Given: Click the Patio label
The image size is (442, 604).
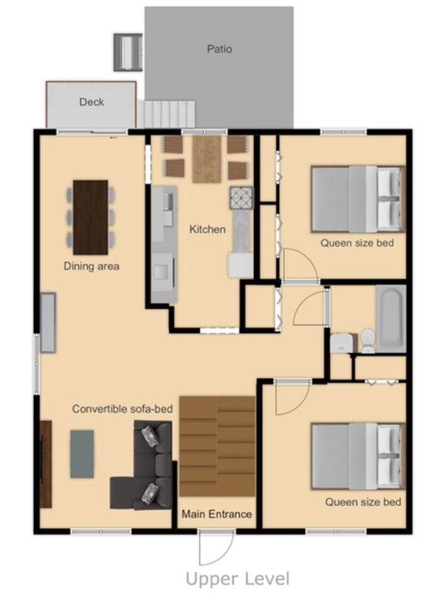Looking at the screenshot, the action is [219, 49].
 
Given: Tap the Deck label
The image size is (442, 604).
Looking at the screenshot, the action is [92, 102].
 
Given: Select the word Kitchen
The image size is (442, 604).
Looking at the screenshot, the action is [207, 229].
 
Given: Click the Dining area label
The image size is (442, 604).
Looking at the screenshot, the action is [91, 266].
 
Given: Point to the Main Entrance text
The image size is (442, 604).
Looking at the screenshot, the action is [217, 514].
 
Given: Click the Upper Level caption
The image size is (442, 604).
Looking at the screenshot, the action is [238, 579].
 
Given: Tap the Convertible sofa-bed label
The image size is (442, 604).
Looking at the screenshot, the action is [122, 409].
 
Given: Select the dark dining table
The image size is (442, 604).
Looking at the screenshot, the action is [91, 217].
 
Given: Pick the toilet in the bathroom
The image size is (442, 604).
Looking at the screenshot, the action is [368, 341].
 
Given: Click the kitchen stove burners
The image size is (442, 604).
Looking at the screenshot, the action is [241, 198].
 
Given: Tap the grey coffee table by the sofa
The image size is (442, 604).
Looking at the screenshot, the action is [82, 454].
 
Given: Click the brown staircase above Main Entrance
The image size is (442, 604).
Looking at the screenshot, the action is [217, 446].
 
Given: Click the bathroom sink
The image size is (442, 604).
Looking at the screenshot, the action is [340, 342].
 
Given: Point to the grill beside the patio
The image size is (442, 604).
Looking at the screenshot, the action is [128, 52].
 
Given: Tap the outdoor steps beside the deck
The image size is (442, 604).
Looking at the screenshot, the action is [167, 114].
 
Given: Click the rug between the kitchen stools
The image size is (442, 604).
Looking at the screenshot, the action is [207, 159].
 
